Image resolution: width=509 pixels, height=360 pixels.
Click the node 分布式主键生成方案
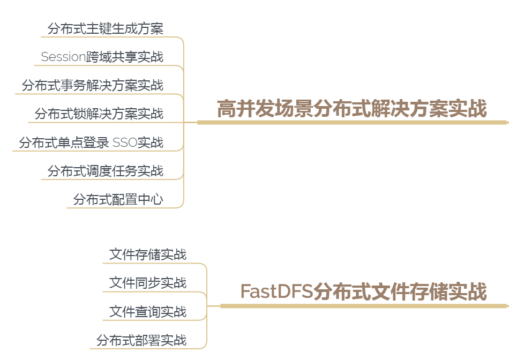click(x=105, y=28)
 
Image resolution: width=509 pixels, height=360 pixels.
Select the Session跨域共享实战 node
click(x=102, y=57)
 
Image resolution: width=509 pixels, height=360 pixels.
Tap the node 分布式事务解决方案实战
click(x=92, y=85)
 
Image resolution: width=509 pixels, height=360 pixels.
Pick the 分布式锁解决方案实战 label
click(x=99, y=114)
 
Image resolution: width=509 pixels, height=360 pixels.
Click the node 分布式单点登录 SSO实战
click(x=91, y=142)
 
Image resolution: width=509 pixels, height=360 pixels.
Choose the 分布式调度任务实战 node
click(x=105, y=171)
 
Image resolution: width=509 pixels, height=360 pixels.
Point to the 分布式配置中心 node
click(x=118, y=200)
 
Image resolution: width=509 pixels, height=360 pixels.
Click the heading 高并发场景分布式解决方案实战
click(x=351, y=109)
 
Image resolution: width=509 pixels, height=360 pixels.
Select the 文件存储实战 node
click(x=148, y=254)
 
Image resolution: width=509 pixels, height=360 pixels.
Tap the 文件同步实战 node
click(x=148, y=282)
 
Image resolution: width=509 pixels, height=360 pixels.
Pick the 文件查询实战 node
click(x=148, y=311)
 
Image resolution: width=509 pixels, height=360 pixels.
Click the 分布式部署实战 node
click(x=141, y=340)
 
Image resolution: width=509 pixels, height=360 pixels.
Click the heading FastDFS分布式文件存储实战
click(x=363, y=292)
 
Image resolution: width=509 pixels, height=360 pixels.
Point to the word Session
click(x=63, y=57)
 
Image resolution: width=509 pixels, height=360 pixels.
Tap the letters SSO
click(x=124, y=142)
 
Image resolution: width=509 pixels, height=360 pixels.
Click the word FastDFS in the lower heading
click(x=276, y=292)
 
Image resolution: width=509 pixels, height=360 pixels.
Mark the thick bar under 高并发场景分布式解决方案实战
click(x=351, y=122)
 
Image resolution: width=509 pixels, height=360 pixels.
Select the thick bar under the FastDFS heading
click(x=363, y=306)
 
